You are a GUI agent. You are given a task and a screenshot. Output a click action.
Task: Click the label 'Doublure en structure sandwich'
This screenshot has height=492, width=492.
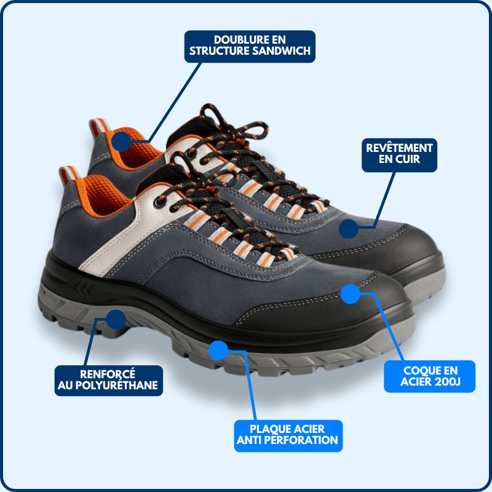tap(250, 46)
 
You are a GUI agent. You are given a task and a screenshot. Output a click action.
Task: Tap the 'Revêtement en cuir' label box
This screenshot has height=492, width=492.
tap(400, 155)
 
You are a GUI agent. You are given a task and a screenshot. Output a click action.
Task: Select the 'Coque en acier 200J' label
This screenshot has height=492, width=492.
tap(430, 376)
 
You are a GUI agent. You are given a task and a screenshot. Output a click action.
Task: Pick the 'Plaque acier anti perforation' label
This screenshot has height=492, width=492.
tap(288, 435)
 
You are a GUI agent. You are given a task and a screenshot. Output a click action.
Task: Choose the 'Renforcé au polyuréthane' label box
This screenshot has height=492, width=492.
tap(108, 381)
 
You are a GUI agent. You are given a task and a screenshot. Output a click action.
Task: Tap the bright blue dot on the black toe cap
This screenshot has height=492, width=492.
tap(351, 293)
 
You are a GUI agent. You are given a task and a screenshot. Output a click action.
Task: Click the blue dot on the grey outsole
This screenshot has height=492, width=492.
tap(218, 350)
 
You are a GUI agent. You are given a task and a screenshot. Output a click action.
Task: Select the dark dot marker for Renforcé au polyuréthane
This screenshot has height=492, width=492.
tap(116, 319)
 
